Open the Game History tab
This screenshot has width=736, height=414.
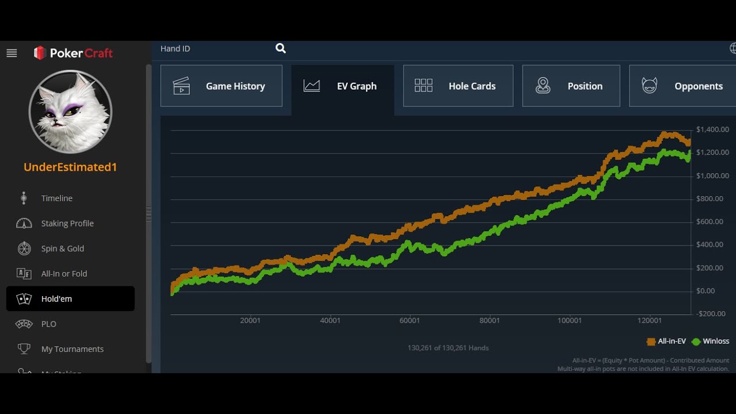point(221,86)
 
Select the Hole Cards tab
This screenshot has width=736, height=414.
point(458,86)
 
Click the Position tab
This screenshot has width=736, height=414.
point(571,86)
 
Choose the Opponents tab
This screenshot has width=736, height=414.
point(683,86)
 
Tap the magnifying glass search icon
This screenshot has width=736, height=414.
point(280,48)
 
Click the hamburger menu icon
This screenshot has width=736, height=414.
point(11,53)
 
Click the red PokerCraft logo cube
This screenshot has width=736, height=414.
point(40,52)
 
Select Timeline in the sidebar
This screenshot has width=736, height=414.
point(56,198)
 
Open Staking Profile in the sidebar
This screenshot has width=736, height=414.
point(67,224)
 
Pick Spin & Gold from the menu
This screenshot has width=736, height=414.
point(63,248)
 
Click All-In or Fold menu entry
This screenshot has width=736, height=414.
point(64,273)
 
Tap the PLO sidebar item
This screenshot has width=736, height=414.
point(49,324)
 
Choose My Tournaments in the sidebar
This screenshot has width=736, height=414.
point(72,349)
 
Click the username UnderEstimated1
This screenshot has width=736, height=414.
point(70,167)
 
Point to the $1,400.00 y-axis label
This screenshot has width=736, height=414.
point(712,129)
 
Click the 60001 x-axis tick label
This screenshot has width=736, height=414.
point(409,321)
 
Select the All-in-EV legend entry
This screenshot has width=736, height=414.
point(666,342)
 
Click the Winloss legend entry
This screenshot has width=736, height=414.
point(710,342)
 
